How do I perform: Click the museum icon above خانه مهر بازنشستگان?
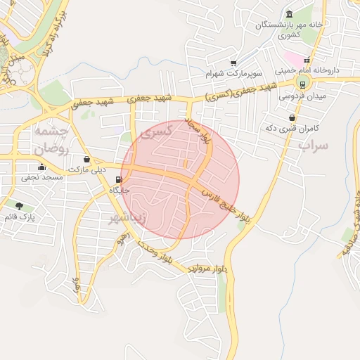coord(290,15)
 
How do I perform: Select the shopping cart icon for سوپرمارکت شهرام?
coord(233,63)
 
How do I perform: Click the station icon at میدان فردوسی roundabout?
coord(302,84)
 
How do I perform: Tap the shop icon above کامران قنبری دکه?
coord(292,118)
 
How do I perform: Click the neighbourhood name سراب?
coord(313,146)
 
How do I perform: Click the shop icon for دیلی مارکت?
coord(86,160)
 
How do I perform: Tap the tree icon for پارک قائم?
coord(18,206)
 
